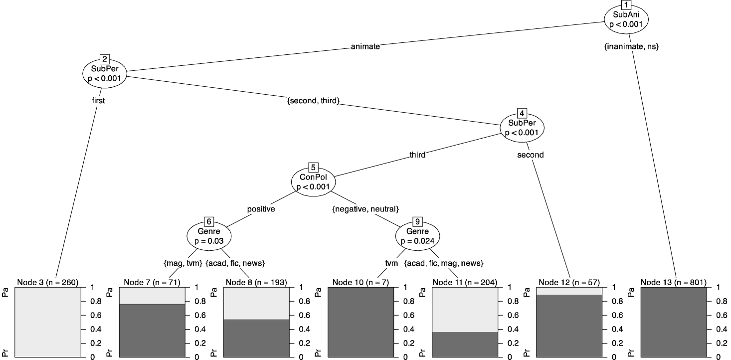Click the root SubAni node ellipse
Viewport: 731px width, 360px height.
[627, 19]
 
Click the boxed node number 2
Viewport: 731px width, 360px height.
[104, 59]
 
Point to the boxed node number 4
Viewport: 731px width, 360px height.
[522, 113]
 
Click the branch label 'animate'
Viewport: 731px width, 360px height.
[365, 46]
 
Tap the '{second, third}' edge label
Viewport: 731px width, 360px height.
[314, 101]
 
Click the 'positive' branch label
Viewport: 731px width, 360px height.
[261, 209]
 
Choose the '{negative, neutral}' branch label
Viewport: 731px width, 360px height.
[365, 209]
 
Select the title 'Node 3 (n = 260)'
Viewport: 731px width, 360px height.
[47, 283]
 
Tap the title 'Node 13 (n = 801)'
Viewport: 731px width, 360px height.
[674, 283]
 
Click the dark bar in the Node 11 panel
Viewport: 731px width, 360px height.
[465, 345]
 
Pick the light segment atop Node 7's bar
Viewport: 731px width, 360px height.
[152, 295]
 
